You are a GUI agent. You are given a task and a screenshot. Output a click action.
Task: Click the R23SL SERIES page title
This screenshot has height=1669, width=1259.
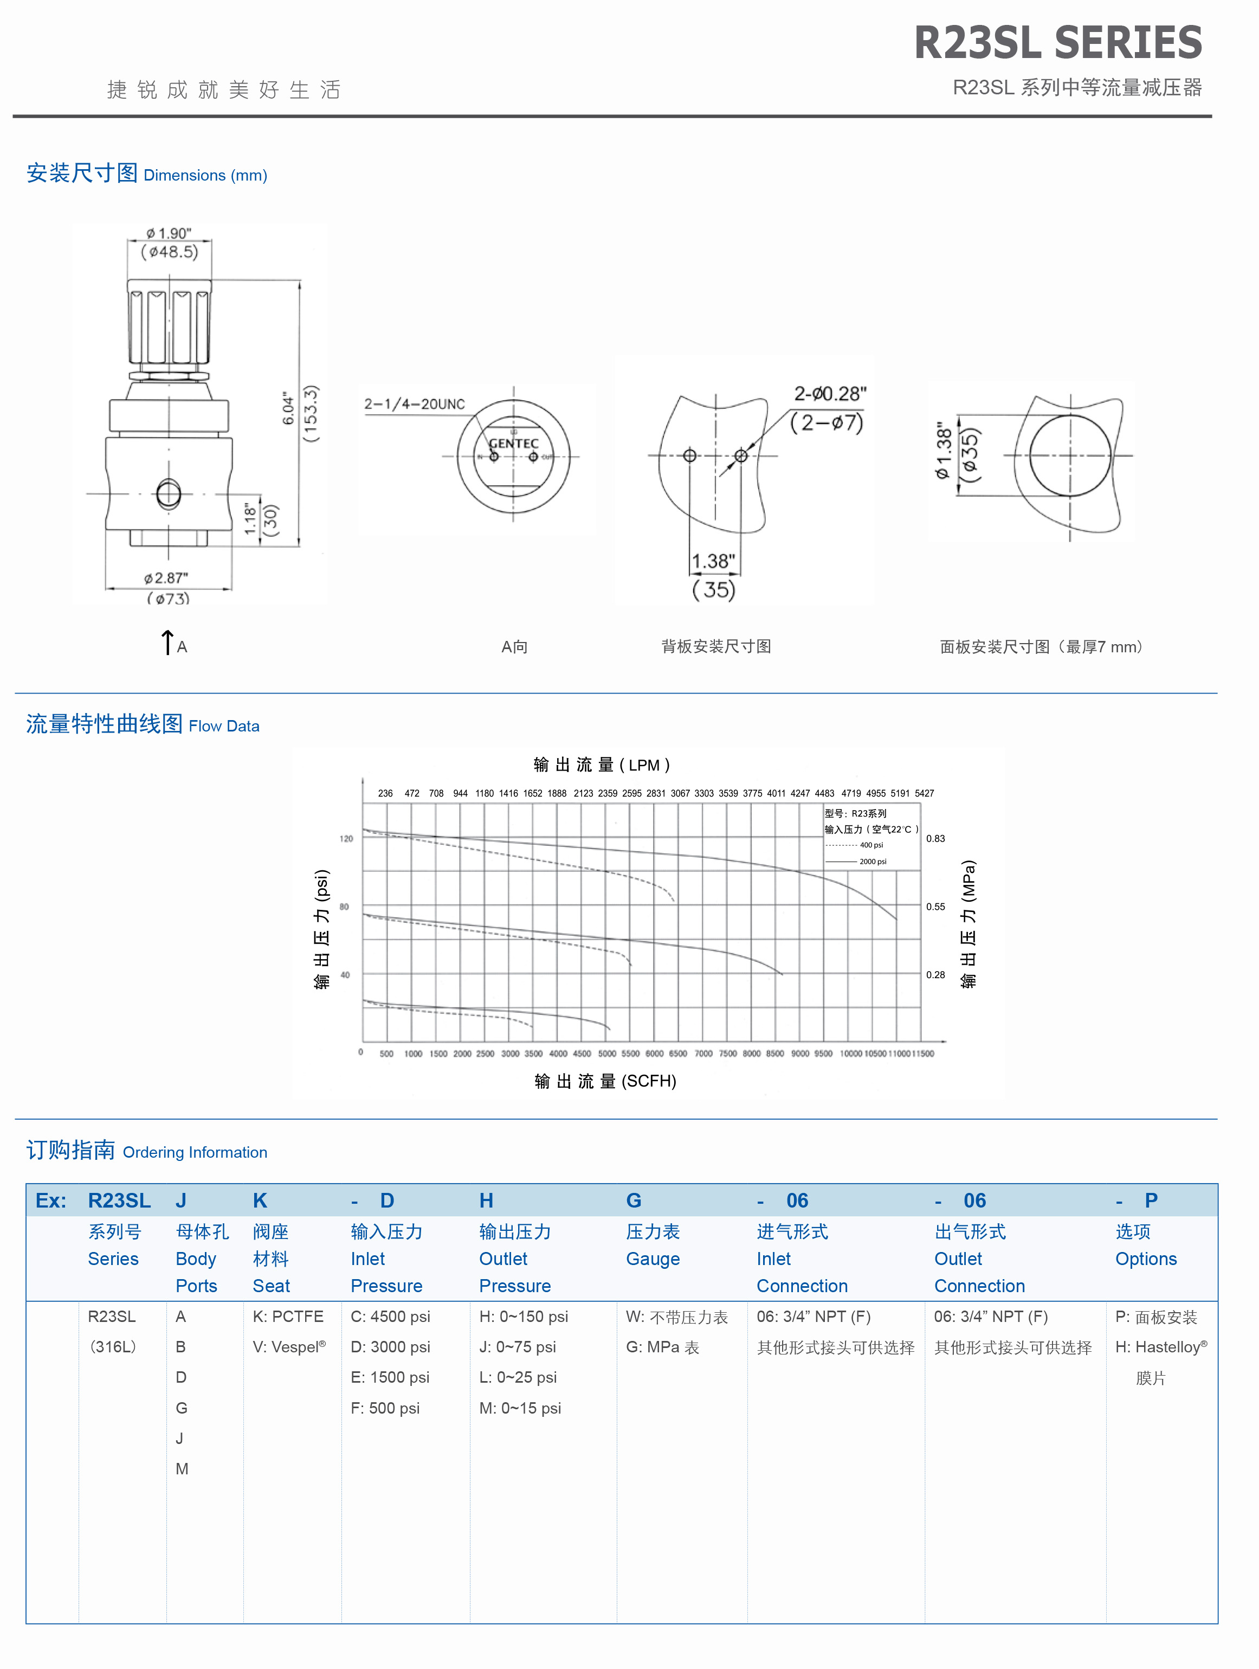pos(1057,42)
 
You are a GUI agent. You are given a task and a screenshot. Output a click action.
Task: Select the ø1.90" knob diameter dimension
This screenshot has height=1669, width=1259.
pos(169,233)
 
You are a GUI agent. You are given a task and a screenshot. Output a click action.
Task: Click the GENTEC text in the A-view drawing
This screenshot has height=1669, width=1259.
pos(514,444)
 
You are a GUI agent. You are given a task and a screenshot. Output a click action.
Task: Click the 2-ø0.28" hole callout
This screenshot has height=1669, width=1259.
pos(830,394)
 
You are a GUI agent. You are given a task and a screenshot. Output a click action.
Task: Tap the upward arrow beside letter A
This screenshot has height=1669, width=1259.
pos(167,642)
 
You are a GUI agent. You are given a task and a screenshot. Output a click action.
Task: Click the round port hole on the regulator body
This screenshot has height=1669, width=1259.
pos(168,494)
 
